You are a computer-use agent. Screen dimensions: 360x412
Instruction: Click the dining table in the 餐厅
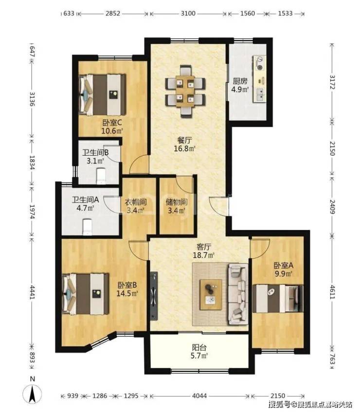click(x=185, y=91)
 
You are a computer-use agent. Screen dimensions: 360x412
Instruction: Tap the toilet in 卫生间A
click(x=87, y=227)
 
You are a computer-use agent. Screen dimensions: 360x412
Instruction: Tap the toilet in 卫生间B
click(x=101, y=176)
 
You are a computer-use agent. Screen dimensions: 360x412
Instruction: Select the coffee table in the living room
click(x=211, y=295)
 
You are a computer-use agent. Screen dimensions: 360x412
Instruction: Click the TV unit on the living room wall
click(x=154, y=296)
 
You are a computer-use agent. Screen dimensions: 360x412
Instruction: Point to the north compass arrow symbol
click(x=32, y=394)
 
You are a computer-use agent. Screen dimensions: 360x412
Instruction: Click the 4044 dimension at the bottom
click(x=199, y=396)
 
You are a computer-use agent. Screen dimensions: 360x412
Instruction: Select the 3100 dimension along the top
click(x=188, y=13)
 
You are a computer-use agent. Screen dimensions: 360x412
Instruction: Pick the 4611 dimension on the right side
click(x=332, y=292)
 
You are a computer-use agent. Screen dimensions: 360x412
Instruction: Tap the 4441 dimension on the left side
click(x=32, y=292)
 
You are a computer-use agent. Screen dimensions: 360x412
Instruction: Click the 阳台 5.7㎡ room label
click(x=199, y=352)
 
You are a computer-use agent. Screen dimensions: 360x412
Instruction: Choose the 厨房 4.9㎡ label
click(x=240, y=86)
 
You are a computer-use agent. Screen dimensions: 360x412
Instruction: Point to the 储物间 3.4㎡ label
click(x=176, y=206)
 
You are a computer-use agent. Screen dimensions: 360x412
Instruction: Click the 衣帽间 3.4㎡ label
click(x=135, y=206)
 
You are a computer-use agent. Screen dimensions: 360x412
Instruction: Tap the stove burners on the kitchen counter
click(x=260, y=63)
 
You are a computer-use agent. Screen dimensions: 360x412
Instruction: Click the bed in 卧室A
click(x=277, y=298)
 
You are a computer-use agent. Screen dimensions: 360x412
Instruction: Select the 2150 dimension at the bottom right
click(x=278, y=396)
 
